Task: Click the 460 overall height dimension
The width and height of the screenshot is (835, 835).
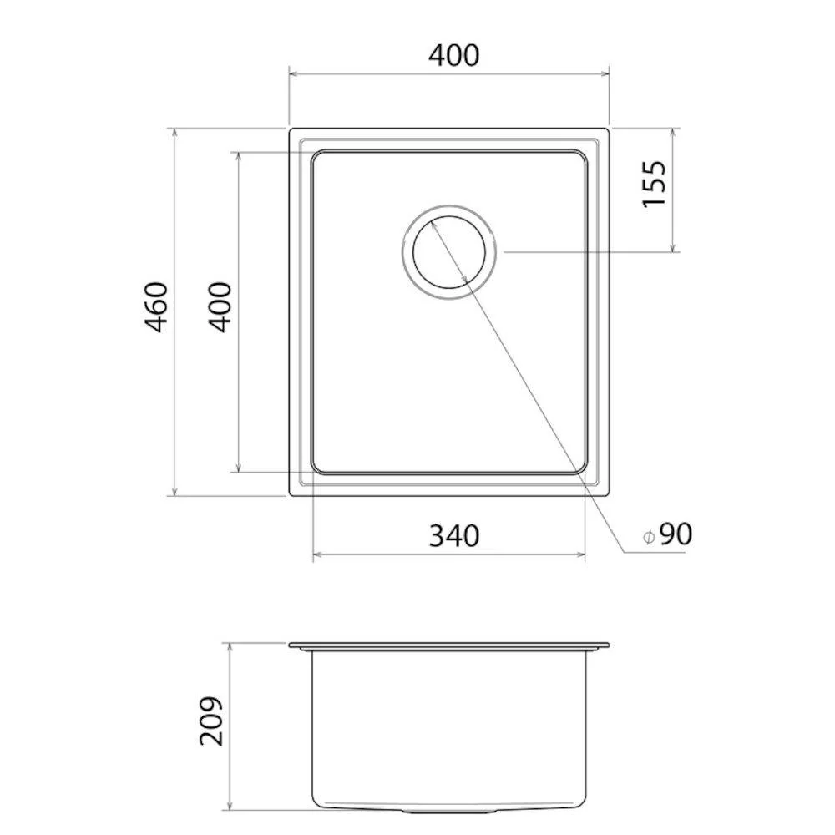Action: point(158,307)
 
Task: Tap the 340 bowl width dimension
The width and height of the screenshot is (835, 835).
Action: point(453,536)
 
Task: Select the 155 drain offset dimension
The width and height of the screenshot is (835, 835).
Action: point(655,184)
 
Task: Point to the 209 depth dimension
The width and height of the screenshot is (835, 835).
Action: point(211,720)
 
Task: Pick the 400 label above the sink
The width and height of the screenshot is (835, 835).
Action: point(453,55)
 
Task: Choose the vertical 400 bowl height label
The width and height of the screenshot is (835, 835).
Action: point(220,307)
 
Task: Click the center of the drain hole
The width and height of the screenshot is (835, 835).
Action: point(449,252)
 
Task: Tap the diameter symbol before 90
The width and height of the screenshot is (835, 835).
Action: point(648,537)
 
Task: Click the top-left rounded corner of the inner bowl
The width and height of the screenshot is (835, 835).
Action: point(316,155)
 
